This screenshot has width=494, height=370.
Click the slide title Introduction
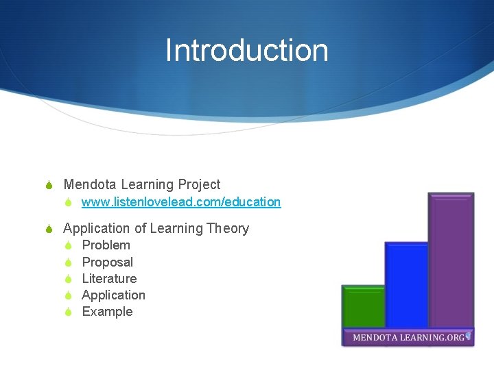pyautogui.click(x=246, y=51)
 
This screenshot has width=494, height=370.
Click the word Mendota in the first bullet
pyautogui.click(x=90, y=184)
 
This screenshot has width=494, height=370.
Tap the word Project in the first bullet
pyautogui.click(x=199, y=184)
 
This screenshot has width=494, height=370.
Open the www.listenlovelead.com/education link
pyautogui.click(x=181, y=202)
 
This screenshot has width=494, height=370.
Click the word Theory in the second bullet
pyautogui.click(x=226, y=228)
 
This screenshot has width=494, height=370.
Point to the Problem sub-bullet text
pyautogui.click(x=106, y=245)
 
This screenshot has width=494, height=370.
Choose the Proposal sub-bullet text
pyautogui.click(x=107, y=262)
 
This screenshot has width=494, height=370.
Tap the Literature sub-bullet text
pyautogui.click(x=109, y=278)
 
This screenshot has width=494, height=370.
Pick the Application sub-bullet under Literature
pyautogui.click(x=113, y=295)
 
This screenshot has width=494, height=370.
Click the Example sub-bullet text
pyautogui.click(x=107, y=312)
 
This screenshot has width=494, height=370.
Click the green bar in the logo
pyautogui.click(x=363, y=307)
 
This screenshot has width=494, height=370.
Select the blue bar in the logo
pyautogui.click(x=406, y=284)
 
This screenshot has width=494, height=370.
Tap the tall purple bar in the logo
pyautogui.click(x=451, y=260)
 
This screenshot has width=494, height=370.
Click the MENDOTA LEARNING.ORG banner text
pyautogui.click(x=409, y=338)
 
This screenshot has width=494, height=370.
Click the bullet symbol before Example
pyautogui.click(x=69, y=312)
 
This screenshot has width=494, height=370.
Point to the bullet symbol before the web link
pyautogui.click(x=69, y=203)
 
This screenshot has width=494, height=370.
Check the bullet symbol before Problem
pyautogui.click(x=69, y=246)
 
